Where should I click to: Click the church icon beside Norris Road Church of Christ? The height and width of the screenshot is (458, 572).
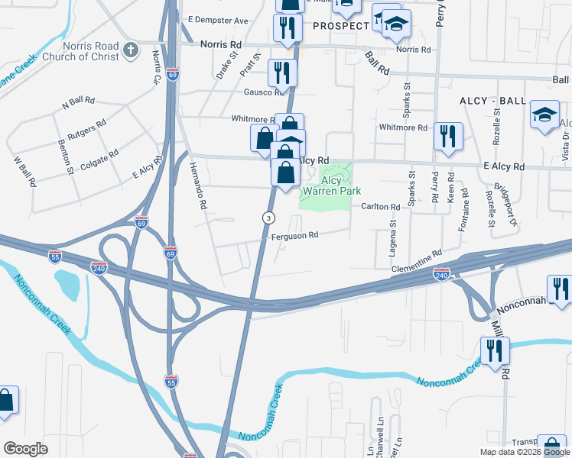131,51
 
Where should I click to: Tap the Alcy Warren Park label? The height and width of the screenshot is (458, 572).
330,185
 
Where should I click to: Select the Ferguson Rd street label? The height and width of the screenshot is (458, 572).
294,236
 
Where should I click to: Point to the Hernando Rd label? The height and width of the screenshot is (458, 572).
194,192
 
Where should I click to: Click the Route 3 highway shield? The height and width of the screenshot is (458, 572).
268,218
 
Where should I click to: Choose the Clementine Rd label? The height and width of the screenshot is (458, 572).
417,261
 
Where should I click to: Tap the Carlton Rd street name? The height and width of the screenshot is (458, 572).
380,207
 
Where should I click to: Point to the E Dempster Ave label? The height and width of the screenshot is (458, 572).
219,20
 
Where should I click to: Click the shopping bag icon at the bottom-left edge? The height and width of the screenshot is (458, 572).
6,401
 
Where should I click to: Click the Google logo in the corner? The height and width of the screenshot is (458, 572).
25,449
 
